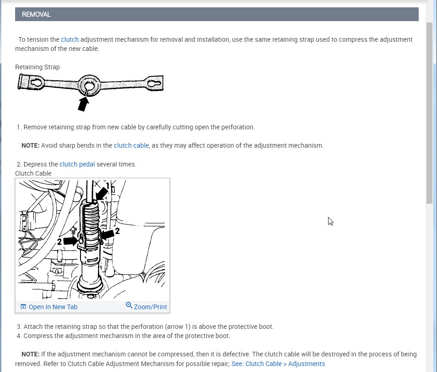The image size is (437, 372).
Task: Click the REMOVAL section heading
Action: coord(36,15)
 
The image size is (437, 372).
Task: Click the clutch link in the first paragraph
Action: coord(70,39)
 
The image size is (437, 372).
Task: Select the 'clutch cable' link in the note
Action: coord(131,145)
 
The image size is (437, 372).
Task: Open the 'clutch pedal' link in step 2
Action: coord(77,164)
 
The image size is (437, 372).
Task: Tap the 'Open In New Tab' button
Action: coord(49,307)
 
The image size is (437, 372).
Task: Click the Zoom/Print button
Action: coord(146,306)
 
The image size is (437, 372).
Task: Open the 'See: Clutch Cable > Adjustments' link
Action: coord(278,364)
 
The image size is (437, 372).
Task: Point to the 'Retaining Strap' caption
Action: coord(38,67)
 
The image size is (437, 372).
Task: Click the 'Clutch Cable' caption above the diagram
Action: coord(33,173)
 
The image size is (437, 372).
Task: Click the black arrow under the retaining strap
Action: coord(83,104)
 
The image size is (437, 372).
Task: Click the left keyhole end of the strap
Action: coord(35,83)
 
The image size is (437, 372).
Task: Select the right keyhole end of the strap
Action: coord(153,84)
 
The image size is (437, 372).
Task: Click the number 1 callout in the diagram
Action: coord(107,186)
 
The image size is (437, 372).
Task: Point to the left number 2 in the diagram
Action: coord(59,241)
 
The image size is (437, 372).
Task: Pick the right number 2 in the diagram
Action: coord(117,232)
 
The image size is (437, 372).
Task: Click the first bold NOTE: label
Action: coord(30,145)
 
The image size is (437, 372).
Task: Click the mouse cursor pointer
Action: coord(330,221)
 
